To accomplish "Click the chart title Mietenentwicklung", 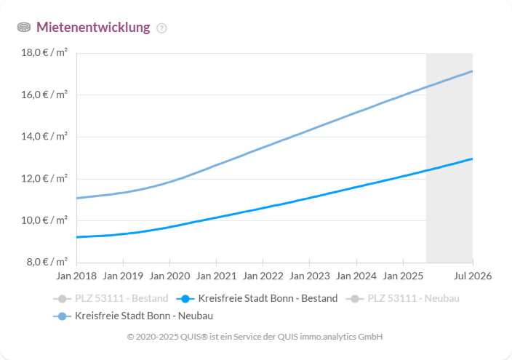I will [x=93, y=28].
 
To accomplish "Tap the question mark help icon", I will [x=161, y=28].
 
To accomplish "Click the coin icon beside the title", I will [x=24, y=28].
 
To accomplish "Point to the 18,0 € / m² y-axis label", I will [x=45, y=53].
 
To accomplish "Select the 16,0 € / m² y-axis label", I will [x=45, y=95].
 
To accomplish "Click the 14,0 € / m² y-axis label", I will [x=45, y=137].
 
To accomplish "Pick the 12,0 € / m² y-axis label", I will [x=45, y=178].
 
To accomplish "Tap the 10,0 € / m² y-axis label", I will [x=45, y=220].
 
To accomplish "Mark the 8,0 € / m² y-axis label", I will [x=47, y=262].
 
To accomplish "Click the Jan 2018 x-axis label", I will [x=76, y=276].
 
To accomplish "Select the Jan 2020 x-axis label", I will [x=169, y=276].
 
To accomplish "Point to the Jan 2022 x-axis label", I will [x=263, y=276].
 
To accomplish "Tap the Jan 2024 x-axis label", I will [x=356, y=276].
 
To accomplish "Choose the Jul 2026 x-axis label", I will [x=473, y=276].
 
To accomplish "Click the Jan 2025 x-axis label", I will [x=402, y=276].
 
